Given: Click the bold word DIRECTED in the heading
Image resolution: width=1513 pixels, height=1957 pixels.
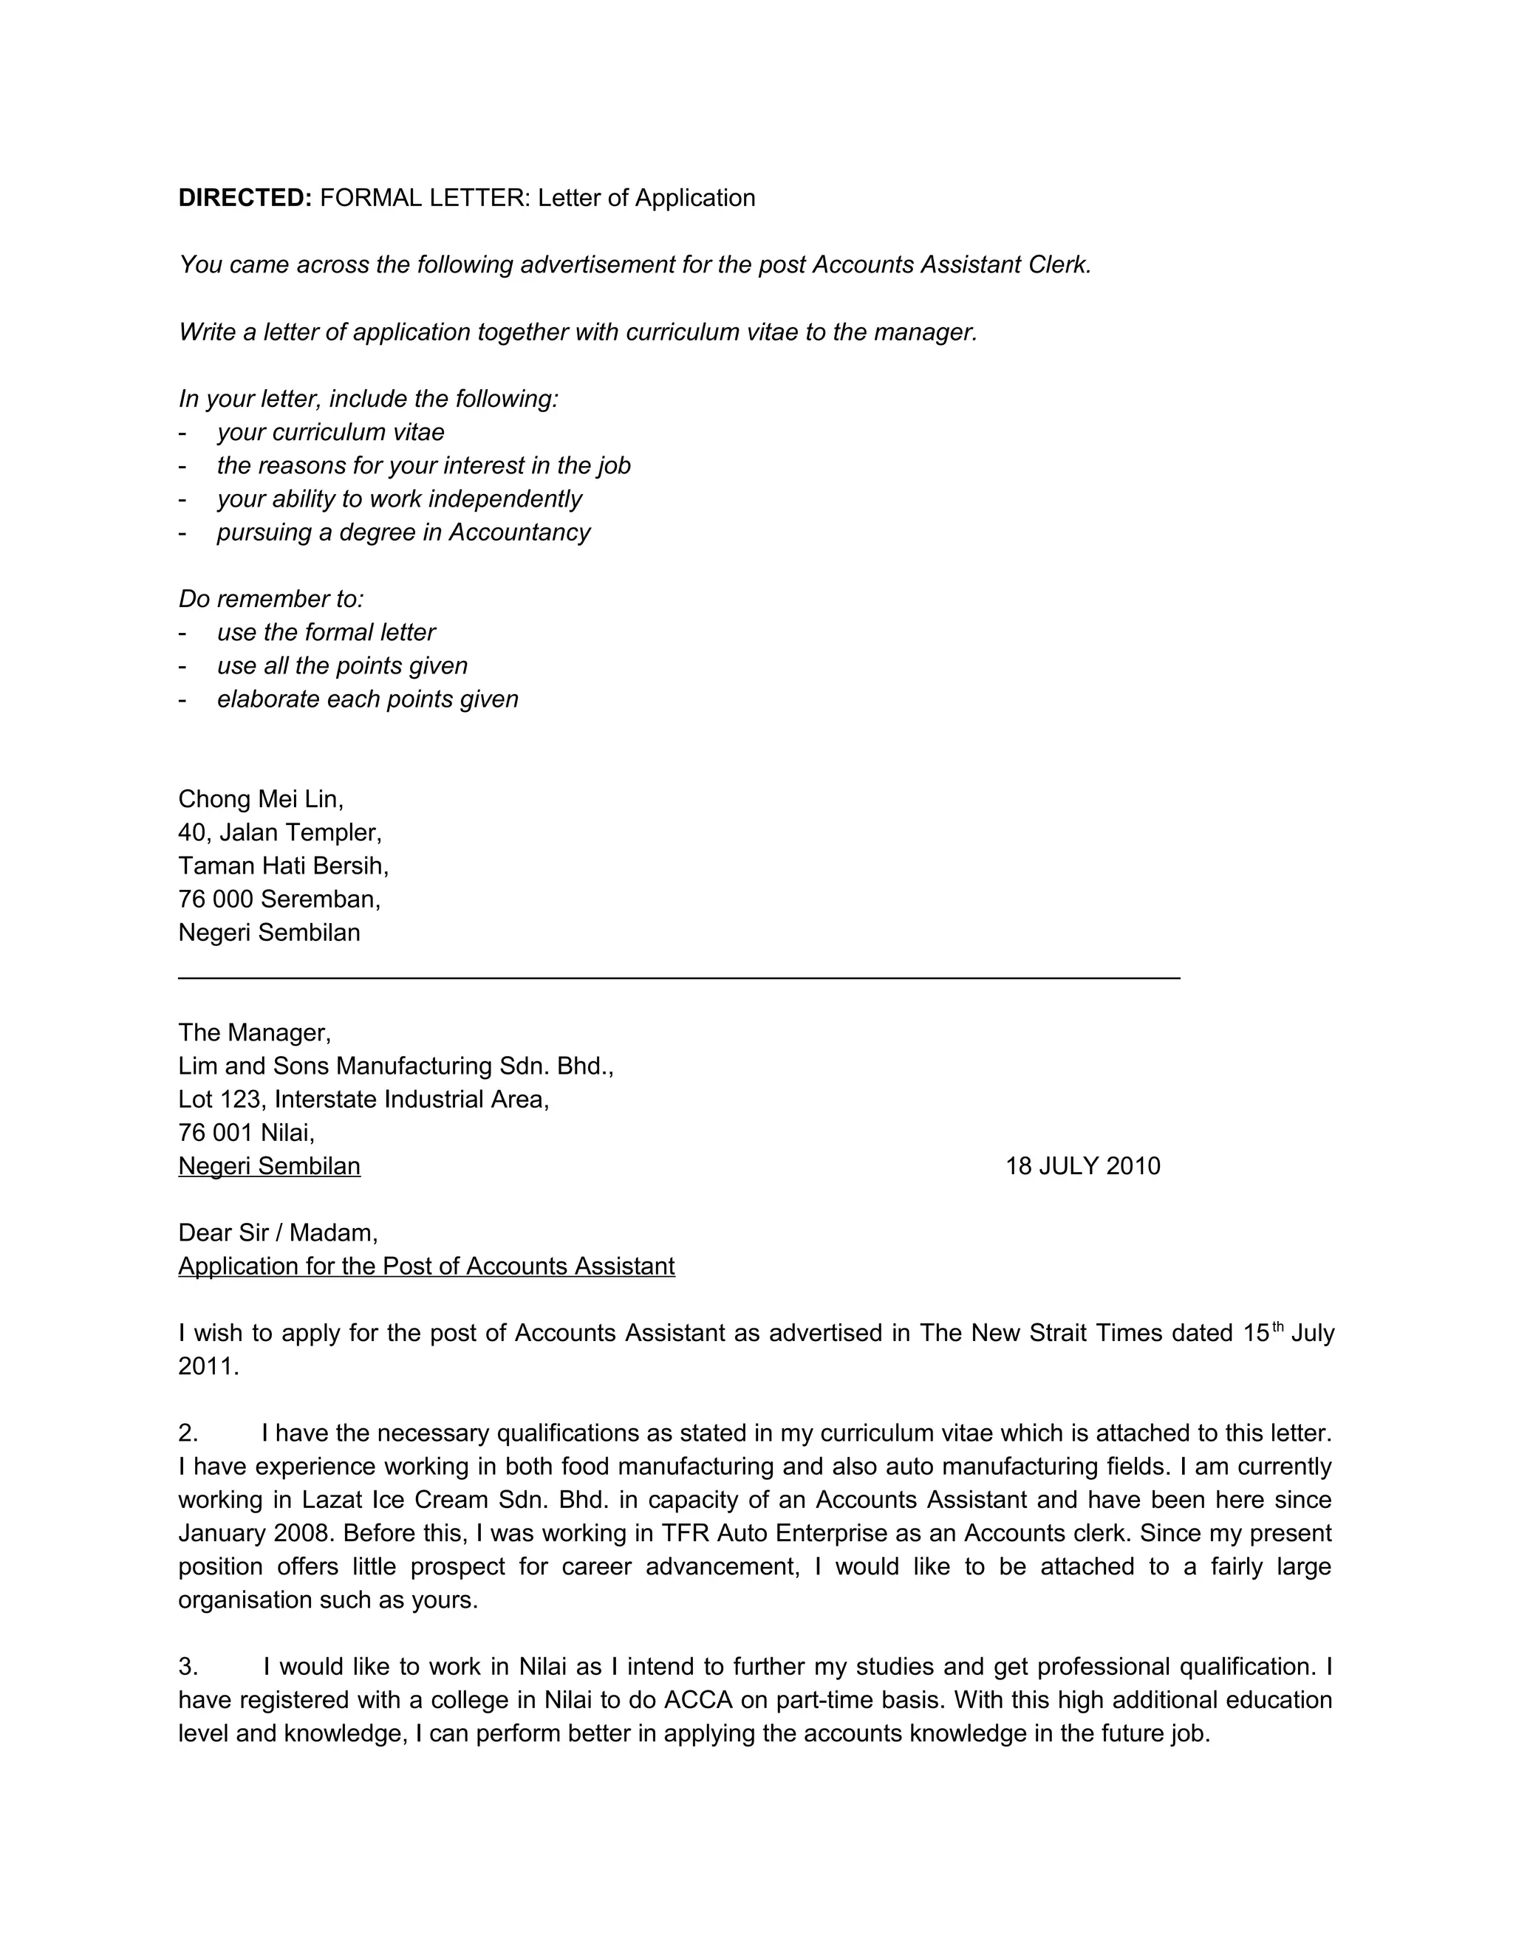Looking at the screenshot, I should [x=245, y=198].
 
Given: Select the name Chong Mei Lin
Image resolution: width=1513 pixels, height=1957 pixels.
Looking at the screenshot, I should [x=260, y=798].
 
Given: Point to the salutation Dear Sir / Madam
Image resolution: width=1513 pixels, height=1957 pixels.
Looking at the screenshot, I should [x=278, y=1233].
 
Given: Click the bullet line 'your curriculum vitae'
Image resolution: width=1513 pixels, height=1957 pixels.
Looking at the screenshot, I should [x=329, y=432].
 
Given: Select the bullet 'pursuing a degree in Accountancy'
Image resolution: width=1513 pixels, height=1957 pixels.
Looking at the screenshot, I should [x=403, y=532].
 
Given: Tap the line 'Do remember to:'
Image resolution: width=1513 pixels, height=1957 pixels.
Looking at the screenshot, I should [x=270, y=599].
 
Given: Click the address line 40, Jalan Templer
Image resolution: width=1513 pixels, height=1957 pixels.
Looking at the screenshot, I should [x=280, y=832].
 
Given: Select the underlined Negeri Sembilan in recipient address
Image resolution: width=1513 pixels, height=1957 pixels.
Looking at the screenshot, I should [x=269, y=1166].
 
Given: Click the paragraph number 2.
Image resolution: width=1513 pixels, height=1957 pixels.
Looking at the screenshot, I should [x=188, y=1433].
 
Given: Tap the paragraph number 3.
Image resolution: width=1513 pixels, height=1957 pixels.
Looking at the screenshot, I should [x=188, y=1667].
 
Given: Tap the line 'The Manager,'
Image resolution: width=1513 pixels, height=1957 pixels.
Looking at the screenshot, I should [x=255, y=1032].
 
